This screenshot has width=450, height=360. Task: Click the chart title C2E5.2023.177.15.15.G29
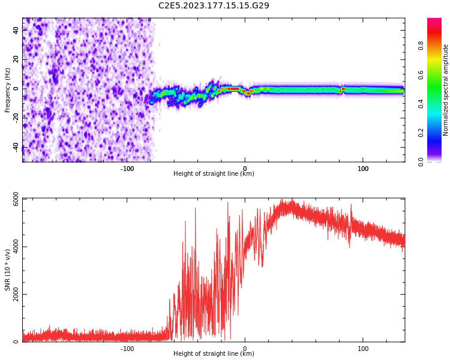click(x=214, y=5)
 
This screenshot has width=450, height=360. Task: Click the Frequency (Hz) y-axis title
click(x=8, y=90)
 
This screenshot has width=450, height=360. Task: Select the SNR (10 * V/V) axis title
click(x=8, y=270)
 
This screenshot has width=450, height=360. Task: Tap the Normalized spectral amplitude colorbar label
click(x=446, y=90)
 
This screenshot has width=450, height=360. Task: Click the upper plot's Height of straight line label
click(x=214, y=174)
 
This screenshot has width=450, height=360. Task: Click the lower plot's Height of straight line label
click(x=214, y=354)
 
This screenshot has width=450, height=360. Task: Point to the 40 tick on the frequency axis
click(x=16, y=30)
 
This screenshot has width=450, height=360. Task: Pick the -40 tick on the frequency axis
click(x=16, y=147)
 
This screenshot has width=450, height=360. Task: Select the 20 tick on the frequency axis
click(x=16, y=59)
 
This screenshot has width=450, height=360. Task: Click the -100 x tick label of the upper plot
click(x=127, y=169)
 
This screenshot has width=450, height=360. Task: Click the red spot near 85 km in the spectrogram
click(x=343, y=89)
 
